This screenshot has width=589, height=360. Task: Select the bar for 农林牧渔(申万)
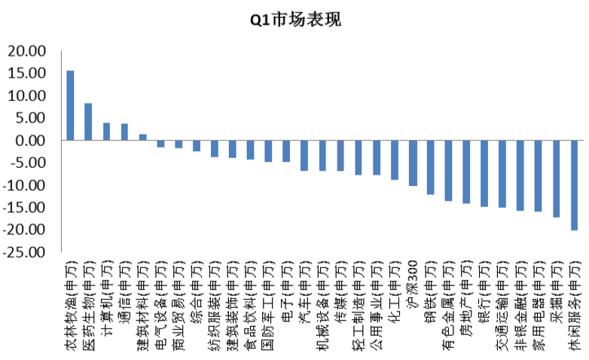(x=70, y=105)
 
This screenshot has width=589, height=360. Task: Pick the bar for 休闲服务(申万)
(x=575, y=185)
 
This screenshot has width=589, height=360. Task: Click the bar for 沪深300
(x=413, y=163)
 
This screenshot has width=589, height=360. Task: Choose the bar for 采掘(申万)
(x=557, y=178)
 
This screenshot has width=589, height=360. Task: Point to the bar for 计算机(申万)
(x=106, y=132)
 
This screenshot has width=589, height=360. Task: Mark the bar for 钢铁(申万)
(x=431, y=167)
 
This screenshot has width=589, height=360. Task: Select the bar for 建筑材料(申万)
(x=143, y=137)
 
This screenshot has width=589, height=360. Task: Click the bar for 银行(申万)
(x=484, y=173)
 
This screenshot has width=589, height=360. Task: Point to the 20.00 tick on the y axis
(x=26, y=51)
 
